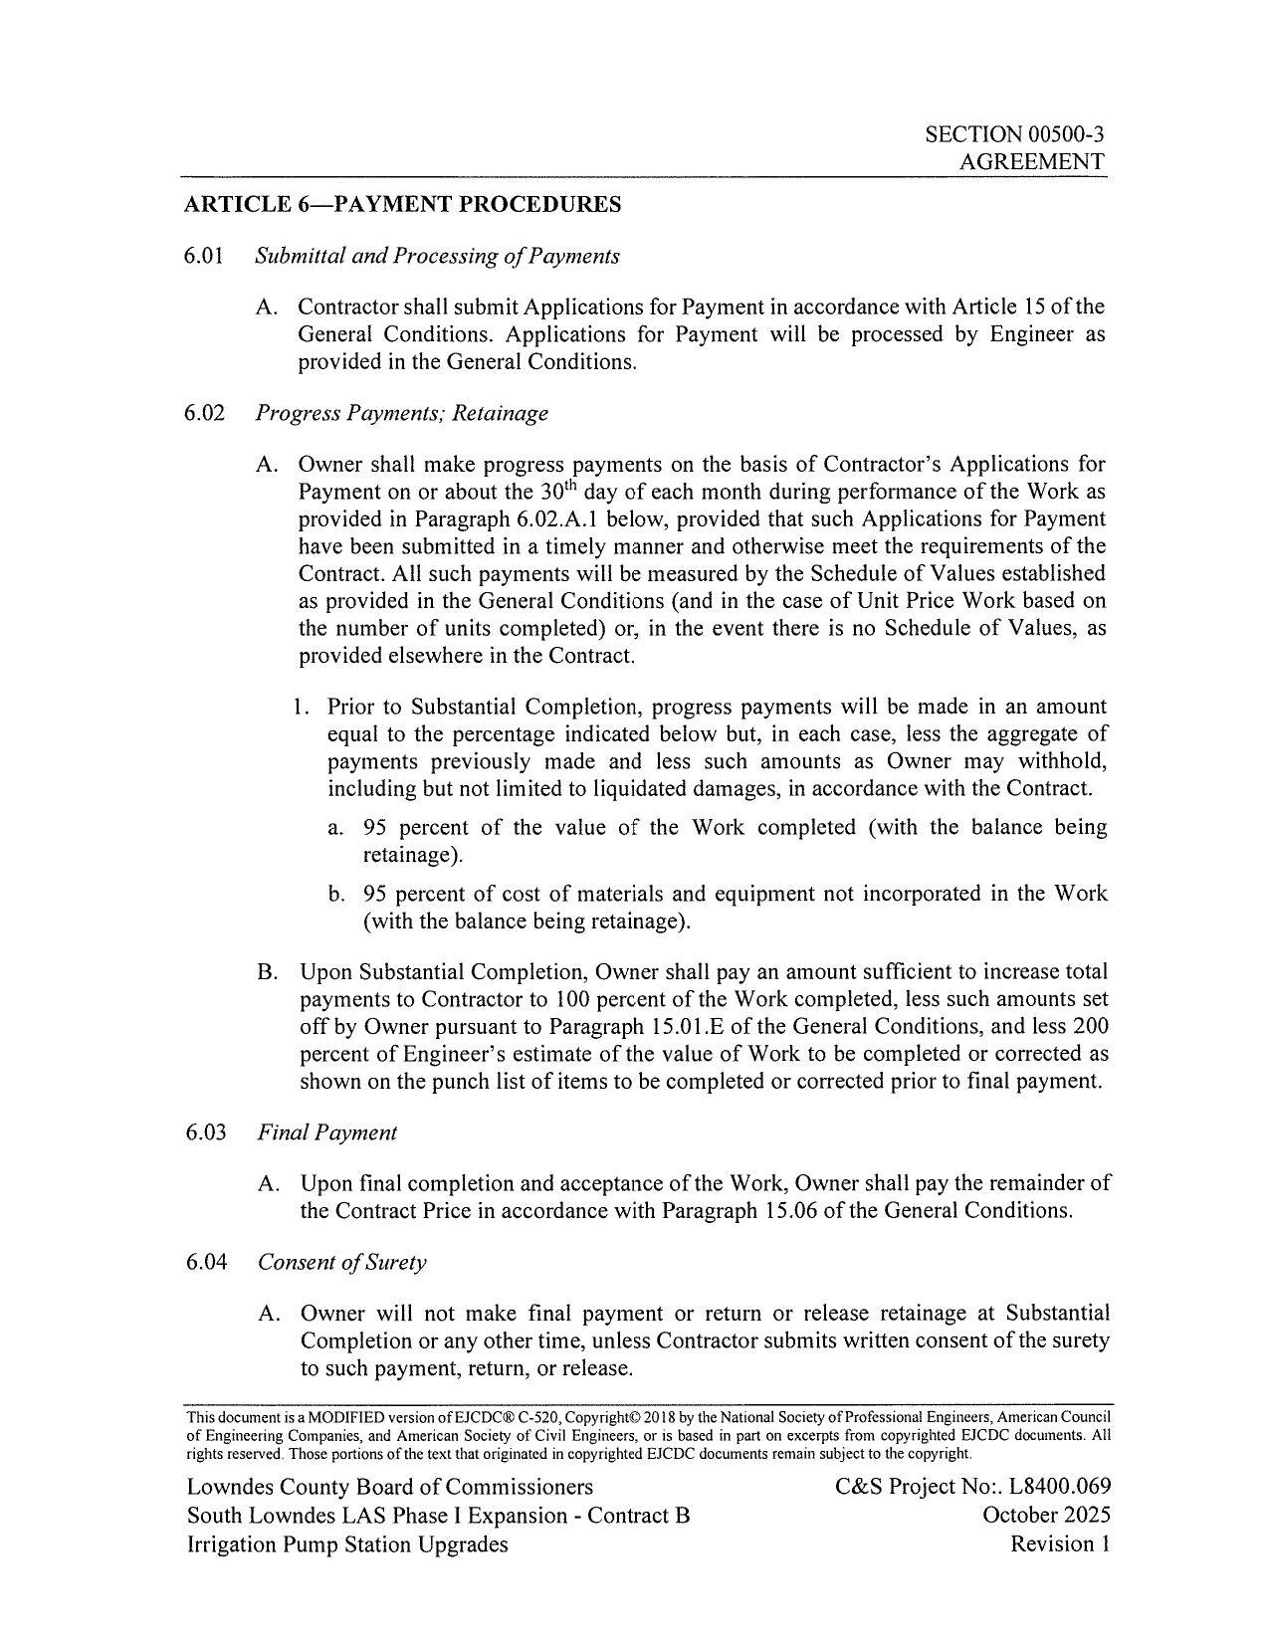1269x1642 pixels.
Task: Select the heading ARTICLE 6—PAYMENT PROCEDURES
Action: [x=402, y=205]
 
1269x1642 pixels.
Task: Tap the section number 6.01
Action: [x=205, y=256]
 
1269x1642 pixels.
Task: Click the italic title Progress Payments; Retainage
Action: [x=401, y=412]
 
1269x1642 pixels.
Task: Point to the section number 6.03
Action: [x=206, y=1132]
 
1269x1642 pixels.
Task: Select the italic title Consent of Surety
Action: [x=341, y=1262]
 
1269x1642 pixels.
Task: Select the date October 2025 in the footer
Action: [x=1046, y=1516]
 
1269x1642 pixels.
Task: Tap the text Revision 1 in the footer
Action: [x=1060, y=1544]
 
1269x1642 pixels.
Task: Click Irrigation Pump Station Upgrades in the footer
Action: [x=346, y=1544]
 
